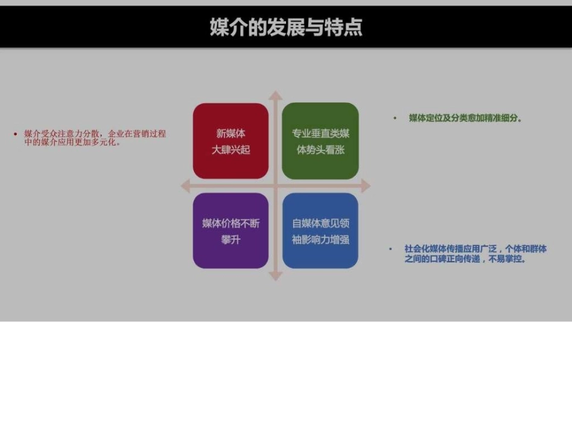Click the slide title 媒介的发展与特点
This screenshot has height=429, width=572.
[x=286, y=27]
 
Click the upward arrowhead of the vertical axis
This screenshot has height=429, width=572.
[x=275, y=96]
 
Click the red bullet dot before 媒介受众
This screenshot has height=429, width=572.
[x=15, y=134]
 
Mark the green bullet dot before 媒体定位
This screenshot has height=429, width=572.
[x=395, y=119]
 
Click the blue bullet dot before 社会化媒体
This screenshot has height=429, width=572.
[x=390, y=248]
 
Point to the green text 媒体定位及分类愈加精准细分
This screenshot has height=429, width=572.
[x=465, y=119]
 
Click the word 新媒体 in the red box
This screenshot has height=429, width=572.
[x=231, y=134]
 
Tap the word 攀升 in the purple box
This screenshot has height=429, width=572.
[x=231, y=239]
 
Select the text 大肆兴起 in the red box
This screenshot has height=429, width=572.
[x=231, y=149]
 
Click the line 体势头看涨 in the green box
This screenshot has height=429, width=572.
[x=320, y=149]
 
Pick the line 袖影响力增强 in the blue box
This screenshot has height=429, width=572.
[x=320, y=239]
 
